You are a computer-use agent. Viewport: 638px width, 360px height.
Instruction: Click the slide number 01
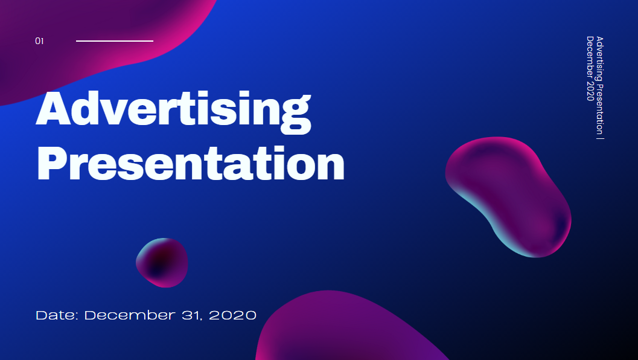tap(39, 41)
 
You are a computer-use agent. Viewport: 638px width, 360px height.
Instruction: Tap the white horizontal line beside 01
tap(115, 41)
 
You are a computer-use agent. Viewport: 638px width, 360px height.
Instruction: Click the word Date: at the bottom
tap(57, 315)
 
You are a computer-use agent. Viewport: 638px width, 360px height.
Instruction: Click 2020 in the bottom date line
tap(232, 315)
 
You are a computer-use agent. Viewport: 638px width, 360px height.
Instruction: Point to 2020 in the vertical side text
tap(590, 90)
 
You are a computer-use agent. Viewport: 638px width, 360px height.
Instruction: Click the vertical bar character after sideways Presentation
tap(599, 137)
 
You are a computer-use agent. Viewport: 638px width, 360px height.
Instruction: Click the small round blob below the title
tap(162, 262)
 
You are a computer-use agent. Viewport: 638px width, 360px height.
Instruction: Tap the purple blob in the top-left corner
tap(91, 42)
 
